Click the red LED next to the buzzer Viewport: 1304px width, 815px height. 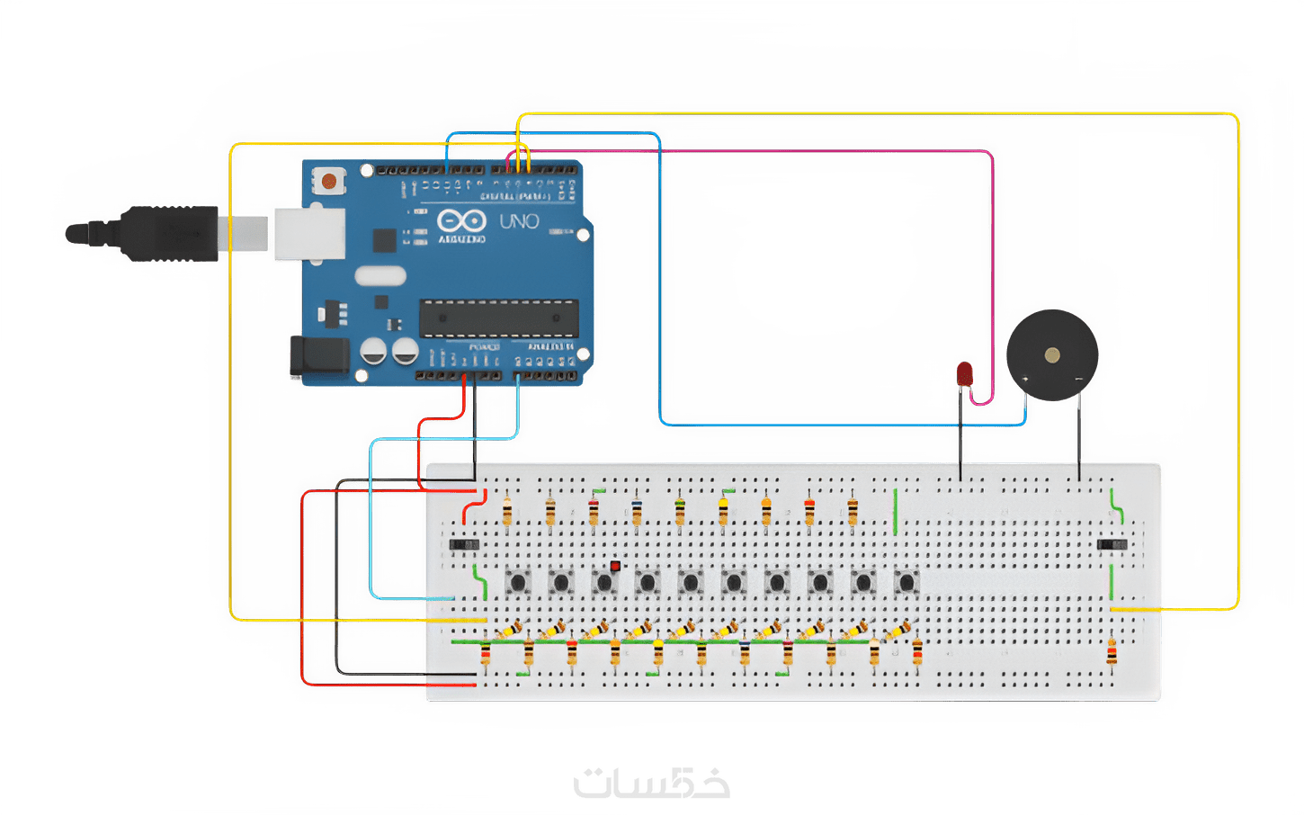point(965,373)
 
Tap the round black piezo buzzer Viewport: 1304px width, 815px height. point(1051,355)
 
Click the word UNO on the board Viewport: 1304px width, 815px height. point(519,220)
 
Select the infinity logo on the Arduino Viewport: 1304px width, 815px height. point(461,220)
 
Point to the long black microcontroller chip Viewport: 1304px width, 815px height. point(497,318)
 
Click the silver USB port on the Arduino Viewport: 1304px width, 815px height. point(309,232)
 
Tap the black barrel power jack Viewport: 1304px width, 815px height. point(319,358)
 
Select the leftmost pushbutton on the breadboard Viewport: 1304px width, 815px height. point(517,582)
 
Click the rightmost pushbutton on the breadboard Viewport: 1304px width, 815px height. point(906,582)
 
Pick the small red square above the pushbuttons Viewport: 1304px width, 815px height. point(615,566)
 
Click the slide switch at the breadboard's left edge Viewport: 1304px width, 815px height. point(464,544)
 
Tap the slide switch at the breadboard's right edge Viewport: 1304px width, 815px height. point(1112,544)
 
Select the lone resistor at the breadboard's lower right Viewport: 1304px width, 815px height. point(1112,652)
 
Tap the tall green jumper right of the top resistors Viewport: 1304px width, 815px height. point(896,512)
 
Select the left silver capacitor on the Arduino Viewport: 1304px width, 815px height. point(374,351)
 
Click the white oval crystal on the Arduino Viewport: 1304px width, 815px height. point(380,275)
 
